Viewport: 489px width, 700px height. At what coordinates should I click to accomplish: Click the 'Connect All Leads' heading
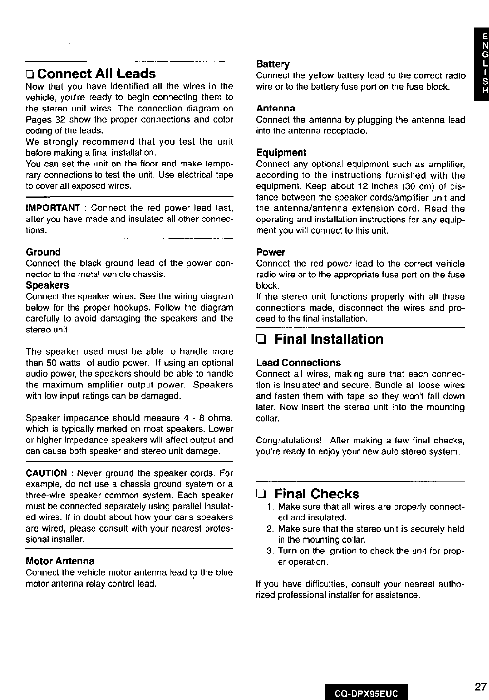click(x=96, y=74)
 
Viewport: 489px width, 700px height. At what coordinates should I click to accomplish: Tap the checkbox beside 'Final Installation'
click(x=261, y=339)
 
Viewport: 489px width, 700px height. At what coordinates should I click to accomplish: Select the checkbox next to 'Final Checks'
click(x=261, y=494)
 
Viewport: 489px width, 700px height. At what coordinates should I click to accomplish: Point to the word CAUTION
click(x=46, y=473)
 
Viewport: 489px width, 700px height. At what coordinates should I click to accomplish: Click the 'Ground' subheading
click(x=43, y=252)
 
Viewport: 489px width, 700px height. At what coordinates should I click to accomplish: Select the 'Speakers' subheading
click(x=47, y=285)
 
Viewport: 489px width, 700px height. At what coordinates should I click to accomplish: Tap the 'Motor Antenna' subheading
click(x=60, y=561)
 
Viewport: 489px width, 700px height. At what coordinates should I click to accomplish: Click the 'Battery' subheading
click(x=273, y=64)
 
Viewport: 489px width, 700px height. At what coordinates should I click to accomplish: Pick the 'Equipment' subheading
click(x=281, y=152)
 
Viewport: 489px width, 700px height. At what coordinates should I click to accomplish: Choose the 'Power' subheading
click(x=270, y=252)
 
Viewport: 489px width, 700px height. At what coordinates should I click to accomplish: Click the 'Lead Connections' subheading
click(x=298, y=363)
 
